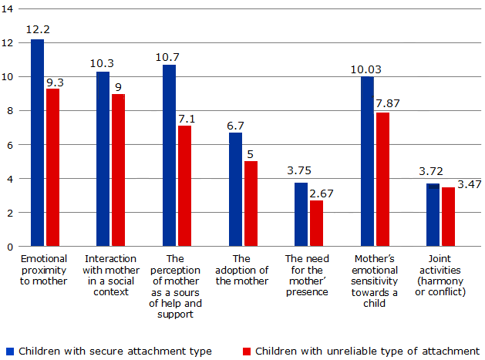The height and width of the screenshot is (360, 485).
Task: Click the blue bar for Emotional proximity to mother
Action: pos(38,143)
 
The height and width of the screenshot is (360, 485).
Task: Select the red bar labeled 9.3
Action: pos(53,167)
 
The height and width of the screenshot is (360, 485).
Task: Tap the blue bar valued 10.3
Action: pos(103,159)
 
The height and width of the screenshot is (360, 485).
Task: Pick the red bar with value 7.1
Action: pos(184,186)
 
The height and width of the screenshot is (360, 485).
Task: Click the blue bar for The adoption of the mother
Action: pos(236,190)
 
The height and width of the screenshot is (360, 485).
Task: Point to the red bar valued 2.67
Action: pos(316,224)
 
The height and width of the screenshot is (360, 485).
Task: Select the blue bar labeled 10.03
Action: pos(368,161)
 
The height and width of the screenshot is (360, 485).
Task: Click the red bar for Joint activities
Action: pos(448,217)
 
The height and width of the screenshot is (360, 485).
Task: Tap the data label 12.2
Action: pos(38,30)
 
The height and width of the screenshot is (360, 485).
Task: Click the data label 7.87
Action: pos(388,103)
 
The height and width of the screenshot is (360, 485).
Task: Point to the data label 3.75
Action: pos(299,170)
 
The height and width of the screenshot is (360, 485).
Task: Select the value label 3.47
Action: pos(470,184)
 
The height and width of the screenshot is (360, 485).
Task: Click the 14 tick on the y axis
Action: pos(8,9)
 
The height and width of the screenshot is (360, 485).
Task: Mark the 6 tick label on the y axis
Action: pos(10,145)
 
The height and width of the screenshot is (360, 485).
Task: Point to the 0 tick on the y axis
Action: pos(10,247)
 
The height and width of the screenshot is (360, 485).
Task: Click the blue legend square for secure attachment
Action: pos(10,352)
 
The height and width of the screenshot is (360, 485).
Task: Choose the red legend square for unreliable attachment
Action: pos(247,352)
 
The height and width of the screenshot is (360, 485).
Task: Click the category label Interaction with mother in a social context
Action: pos(111,275)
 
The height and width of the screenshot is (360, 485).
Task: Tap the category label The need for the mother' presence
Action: pos(307,275)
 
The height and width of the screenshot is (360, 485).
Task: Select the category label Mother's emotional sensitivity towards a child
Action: pos(374,281)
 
